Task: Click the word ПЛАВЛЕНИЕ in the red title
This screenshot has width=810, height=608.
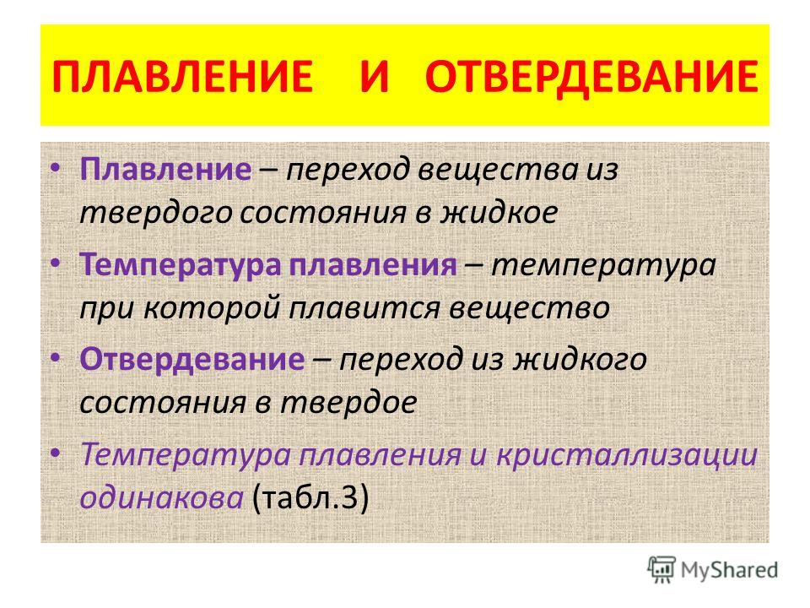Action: point(182,76)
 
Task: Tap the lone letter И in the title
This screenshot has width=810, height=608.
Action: point(374,76)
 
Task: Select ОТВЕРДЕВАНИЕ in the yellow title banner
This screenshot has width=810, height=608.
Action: point(592,77)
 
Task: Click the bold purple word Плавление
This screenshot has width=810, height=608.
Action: point(166,169)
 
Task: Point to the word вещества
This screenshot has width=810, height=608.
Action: point(499,170)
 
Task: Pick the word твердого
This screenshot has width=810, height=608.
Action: point(156,213)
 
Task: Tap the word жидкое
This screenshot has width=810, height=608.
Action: point(499,213)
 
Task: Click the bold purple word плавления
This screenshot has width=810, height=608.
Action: point(373,265)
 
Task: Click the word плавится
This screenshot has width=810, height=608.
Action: point(364,309)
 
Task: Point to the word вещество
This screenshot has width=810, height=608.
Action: point(530,309)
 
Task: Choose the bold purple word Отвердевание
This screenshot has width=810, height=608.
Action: point(192,360)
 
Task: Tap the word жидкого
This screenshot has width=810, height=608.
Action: point(580,360)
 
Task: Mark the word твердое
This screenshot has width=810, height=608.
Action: point(348,403)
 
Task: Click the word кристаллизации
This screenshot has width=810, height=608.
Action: point(627,455)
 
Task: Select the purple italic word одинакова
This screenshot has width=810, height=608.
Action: point(162,498)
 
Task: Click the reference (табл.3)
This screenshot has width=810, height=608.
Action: point(310,498)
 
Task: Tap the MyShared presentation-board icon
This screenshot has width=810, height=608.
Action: point(661,570)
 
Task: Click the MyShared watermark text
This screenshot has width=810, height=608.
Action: point(729,570)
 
